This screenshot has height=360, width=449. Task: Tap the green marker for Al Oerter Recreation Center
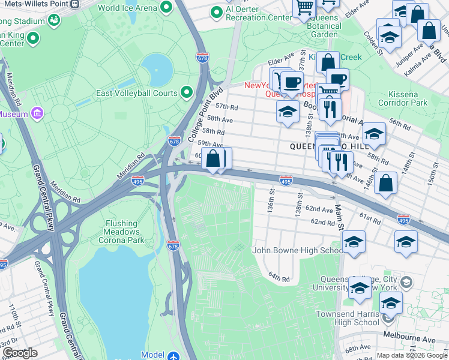click(216, 12)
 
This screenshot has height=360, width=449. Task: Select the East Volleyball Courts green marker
click(187, 92)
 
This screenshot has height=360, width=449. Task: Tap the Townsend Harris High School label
click(345, 318)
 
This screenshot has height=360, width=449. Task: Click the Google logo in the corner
click(20, 352)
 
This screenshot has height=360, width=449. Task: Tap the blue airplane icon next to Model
click(173, 355)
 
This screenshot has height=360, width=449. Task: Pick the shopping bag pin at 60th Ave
click(212, 160)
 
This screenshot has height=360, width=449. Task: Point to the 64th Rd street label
click(279, 278)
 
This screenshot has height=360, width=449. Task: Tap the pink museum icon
click(37, 113)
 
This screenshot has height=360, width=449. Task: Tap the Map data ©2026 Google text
click(411, 355)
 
